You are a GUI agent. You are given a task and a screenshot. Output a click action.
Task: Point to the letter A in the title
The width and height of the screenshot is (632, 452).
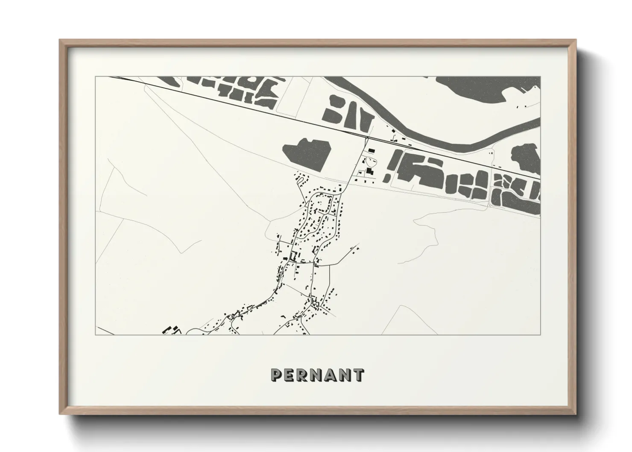pos(331,375)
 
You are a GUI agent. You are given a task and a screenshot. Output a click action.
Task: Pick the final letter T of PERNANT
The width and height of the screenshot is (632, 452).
pos(358,375)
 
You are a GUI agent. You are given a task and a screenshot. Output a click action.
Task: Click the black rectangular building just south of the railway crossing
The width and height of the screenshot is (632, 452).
pos(372,151)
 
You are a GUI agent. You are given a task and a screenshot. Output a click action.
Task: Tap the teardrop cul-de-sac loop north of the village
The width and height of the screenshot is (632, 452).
pos(301,180)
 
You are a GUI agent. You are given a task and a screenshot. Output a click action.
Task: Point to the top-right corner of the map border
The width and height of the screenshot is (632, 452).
pos(541,77)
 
